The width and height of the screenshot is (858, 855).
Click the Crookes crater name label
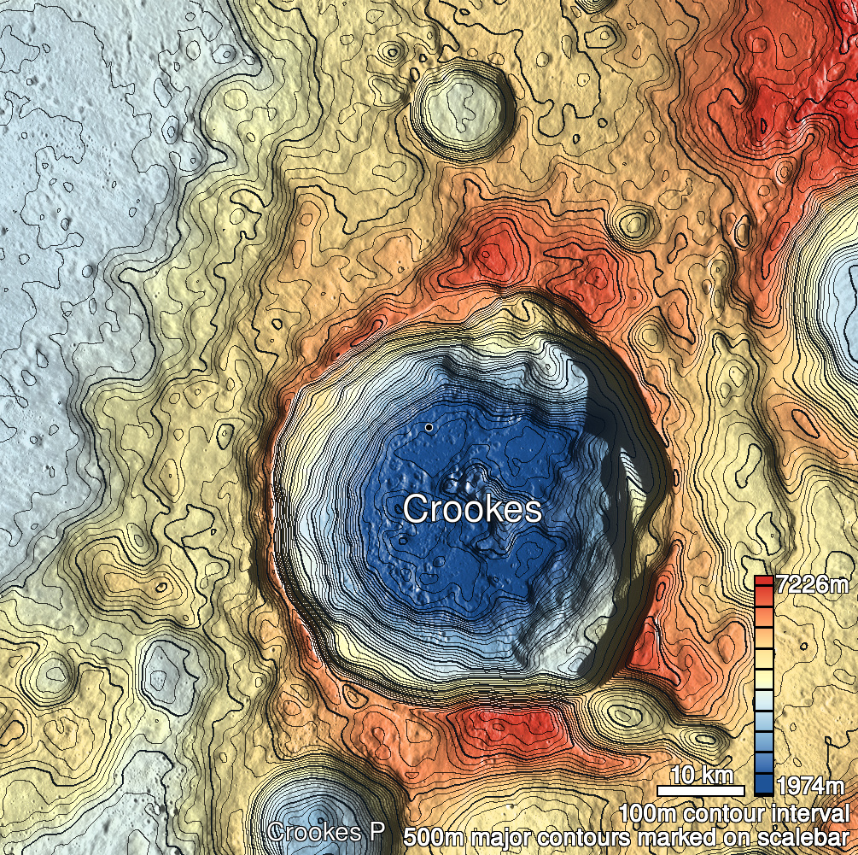coord(472,510)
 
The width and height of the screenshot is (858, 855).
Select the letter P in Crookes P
coord(376,832)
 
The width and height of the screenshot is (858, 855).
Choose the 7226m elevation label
coord(814,586)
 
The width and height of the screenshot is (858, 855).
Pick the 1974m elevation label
coord(814,785)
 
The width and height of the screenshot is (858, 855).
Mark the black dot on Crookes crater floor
coord(429,426)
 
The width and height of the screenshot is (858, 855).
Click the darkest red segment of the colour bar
coord(764,583)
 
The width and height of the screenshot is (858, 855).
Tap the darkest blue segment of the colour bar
coord(764,787)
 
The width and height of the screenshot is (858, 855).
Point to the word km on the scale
coord(717,775)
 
